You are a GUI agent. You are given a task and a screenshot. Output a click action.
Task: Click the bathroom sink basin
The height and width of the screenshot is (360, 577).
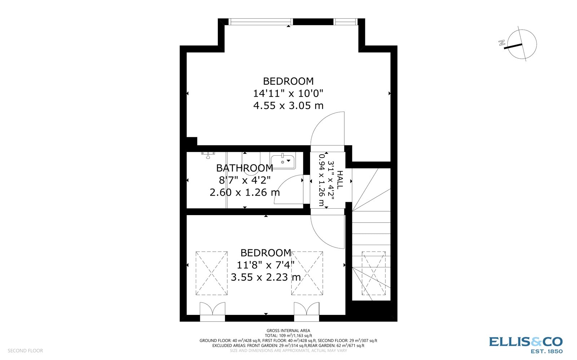tap(283, 161)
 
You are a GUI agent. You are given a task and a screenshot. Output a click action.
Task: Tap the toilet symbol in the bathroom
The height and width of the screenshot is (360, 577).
tap(251, 166)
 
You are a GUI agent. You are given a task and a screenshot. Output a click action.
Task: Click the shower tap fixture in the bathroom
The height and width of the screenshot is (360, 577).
tap(208, 155)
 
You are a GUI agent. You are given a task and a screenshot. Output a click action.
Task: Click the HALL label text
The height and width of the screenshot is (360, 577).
tap(340, 180)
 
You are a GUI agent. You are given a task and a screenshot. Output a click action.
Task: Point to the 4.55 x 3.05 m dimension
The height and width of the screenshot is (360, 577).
tap(288, 106)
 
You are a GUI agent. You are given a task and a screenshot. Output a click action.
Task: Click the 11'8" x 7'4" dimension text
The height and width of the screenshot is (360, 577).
tap(265, 265)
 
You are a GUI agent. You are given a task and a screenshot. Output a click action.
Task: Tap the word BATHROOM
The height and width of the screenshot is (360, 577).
tap(245, 168)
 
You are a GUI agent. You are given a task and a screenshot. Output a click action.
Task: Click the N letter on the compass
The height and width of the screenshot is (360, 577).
tap(501, 43)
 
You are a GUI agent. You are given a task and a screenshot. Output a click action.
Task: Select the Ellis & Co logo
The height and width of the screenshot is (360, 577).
tap(525, 344)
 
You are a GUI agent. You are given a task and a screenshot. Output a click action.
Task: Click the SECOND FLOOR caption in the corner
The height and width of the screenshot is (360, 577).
tap(25, 351)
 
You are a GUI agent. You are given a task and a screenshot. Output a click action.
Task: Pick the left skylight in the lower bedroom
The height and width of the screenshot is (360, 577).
tap(211, 273)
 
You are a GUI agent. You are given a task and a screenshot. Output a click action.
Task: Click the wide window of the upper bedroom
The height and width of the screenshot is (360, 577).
tap(261, 22)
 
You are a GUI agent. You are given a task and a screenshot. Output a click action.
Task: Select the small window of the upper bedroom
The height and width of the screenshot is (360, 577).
tap(345, 22)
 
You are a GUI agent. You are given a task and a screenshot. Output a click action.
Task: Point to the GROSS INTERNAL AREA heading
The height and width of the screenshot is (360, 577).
tap(288, 330)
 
